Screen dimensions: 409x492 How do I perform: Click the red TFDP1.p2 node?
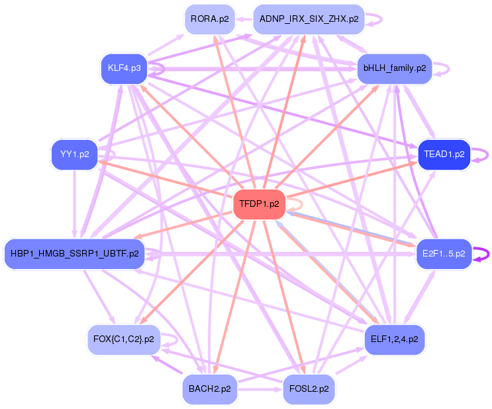pyautogui.click(x=259, y=204)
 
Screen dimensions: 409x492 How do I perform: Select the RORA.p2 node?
pyautogui.click(x=209, y=19)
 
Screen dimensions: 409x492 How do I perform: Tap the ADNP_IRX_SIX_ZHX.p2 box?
pyautogui.click(x=309, y=19)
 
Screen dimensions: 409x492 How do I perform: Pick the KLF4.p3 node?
pyautogui.click(x=124, y=68)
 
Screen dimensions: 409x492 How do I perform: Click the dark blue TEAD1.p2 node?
pyautogui.click(x=444, y=154)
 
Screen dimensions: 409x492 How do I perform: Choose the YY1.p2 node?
pyautogui.click(x=74, y=154)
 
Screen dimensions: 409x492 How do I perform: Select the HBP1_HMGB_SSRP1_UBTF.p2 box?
pyautogui.click(x=74, y=253)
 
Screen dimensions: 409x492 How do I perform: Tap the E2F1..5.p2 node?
pyautogui.click(x=444, y=253)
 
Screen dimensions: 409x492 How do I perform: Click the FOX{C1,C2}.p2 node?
pyautogui.click(x=124, y=339)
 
